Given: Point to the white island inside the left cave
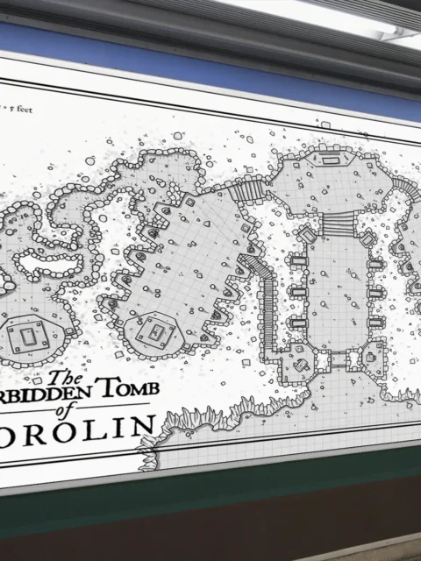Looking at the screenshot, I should click(35, 259).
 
